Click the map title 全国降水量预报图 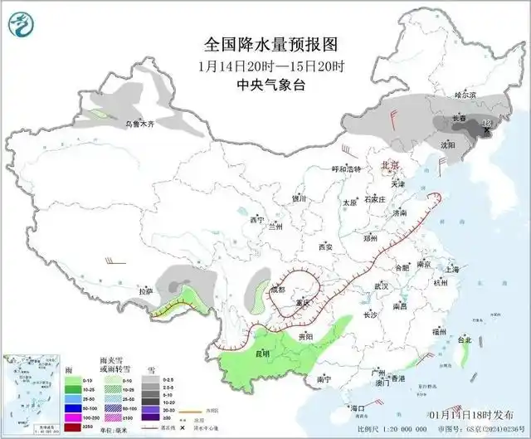[265, 43]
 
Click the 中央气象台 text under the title [265, 84]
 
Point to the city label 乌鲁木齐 [140, 124]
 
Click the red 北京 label [388, 166]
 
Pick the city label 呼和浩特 [346, 168]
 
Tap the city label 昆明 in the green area [262, 354]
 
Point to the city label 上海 [451, 270]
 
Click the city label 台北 [464, 340]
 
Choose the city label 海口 [358, 408]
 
